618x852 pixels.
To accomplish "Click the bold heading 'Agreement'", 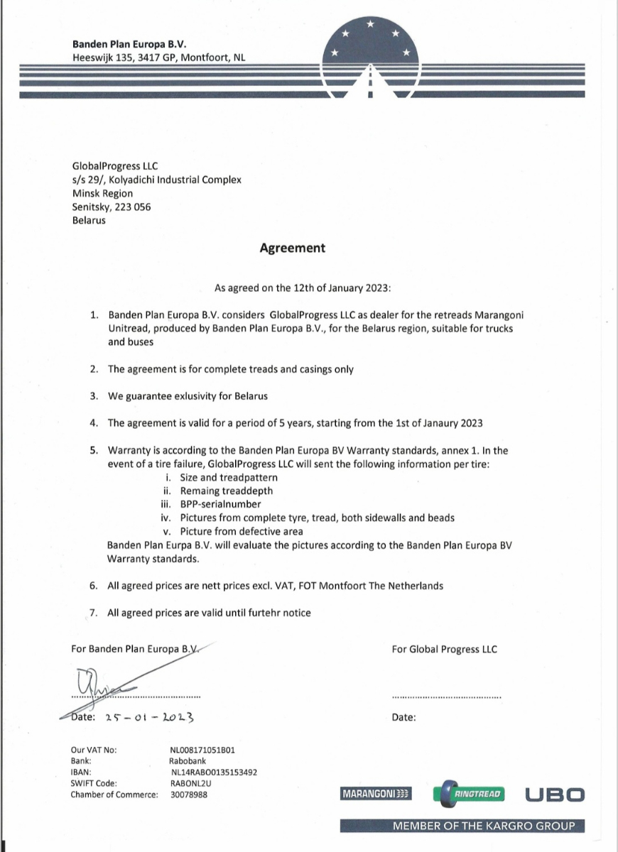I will tap(293, 248).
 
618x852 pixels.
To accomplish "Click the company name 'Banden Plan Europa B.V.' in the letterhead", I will tap(129, 44).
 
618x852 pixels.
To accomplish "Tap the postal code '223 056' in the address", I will tap(133, 207).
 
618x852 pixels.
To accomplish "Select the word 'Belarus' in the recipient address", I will tap(89, 220).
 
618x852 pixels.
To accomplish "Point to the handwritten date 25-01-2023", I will tap(149, 717).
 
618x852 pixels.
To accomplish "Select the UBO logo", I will tap(555, 794).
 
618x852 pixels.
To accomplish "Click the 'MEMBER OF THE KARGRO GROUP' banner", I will tap(484, 826).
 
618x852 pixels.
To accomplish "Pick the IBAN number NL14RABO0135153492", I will tap(214, 772).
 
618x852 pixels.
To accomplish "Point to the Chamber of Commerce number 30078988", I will tap(189, 794).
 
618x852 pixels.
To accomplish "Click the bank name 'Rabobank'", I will tap(188, 761).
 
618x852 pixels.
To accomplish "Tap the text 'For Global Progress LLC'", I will tap(444, 649).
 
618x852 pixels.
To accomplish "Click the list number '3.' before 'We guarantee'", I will tap(94, 396).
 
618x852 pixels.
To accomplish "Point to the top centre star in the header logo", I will tap(370, 24).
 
